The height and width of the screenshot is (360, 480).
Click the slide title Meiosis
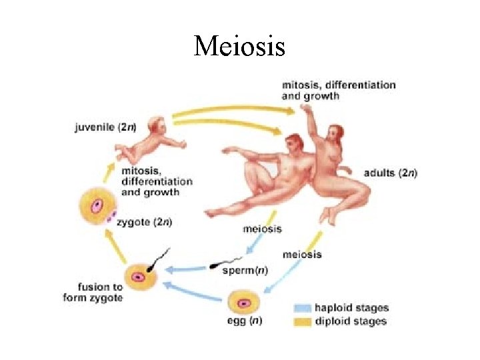point(239,46)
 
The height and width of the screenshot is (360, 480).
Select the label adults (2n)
point(390,173)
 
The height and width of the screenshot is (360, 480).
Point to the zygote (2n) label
point(144,223)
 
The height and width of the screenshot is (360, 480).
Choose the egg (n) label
point(245,321)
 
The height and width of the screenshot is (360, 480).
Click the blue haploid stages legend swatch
point(303,308)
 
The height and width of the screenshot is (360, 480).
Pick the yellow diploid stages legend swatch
point(303,321)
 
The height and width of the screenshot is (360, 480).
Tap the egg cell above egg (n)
point(244,303)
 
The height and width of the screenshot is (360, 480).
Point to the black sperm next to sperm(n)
point(215,265)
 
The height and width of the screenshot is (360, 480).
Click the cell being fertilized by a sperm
point(139,276)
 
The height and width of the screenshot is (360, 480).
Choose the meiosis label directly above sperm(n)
point(262,229)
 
